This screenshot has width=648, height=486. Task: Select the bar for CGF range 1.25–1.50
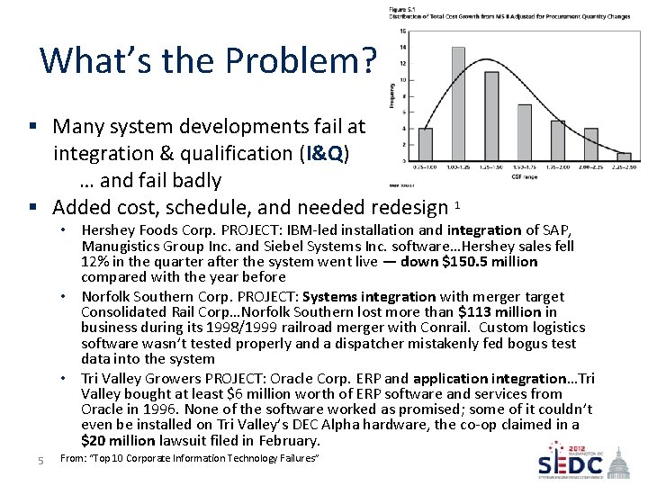tap(491, 117)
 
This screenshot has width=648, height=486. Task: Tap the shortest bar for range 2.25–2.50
tap(623, 157)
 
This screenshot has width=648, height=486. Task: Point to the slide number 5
tap(41, 462)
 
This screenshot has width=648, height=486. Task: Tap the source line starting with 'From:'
tap(188, 460)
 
